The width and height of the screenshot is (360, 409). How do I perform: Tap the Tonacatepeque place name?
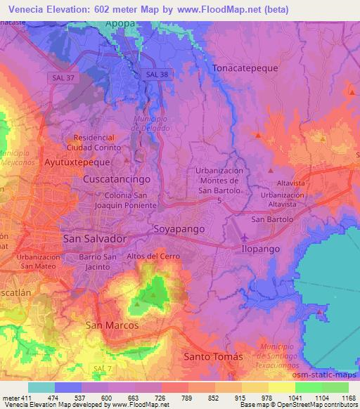click(246, 68)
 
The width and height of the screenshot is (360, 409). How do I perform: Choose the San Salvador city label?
click(95, 239)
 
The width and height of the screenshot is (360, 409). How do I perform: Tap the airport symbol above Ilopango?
click(245, 236)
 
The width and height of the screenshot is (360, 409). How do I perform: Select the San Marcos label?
click(112, 325)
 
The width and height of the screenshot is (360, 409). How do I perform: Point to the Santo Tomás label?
click(213, 357)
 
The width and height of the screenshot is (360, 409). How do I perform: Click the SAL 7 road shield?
click(102, 368)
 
